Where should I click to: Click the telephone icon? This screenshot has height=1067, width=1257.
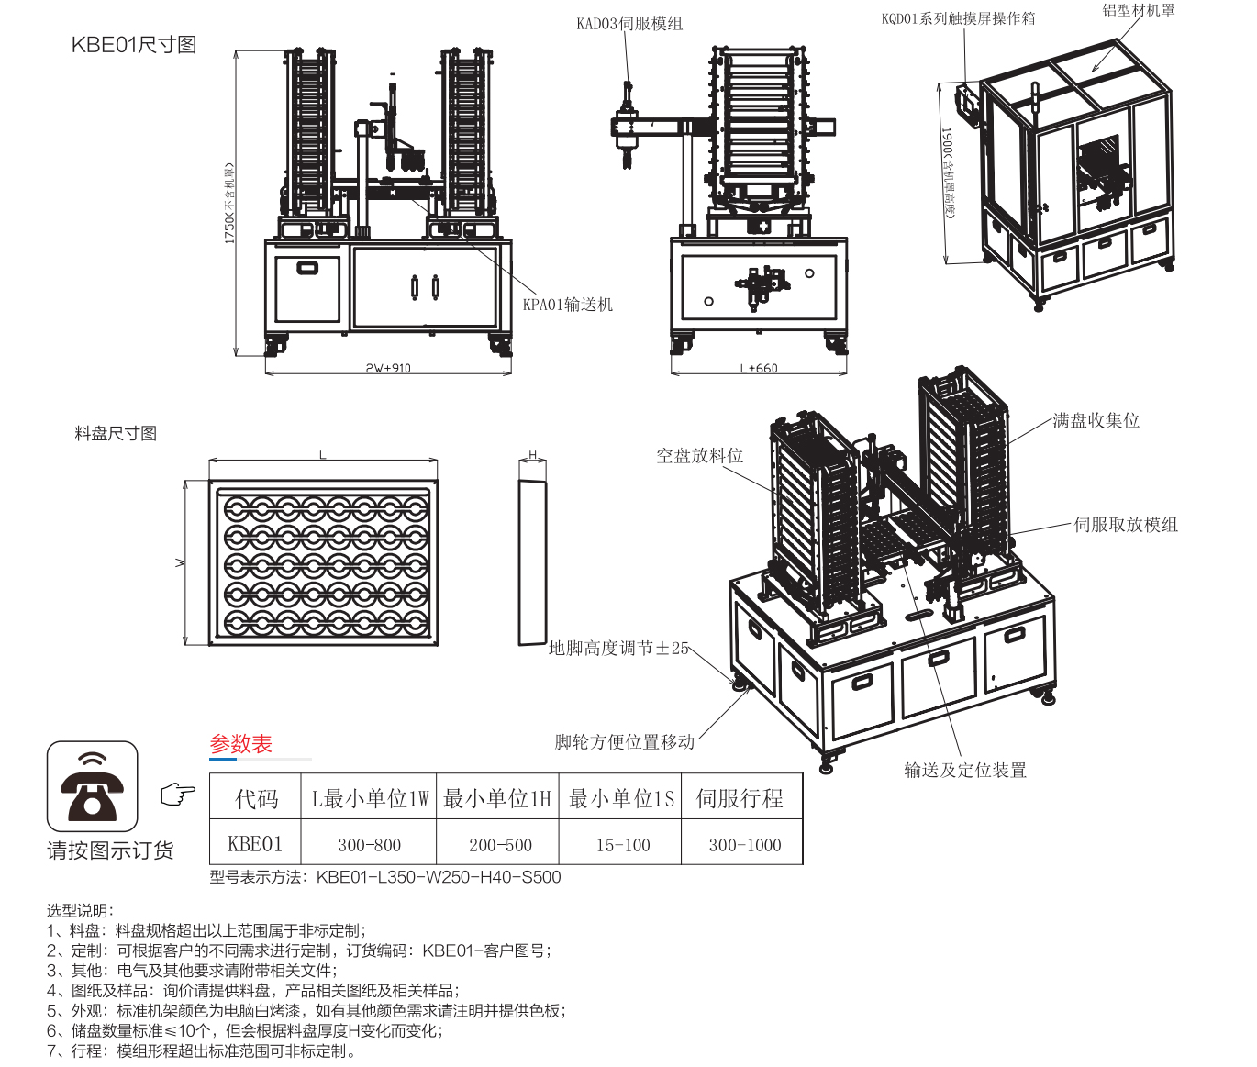coord(92,787)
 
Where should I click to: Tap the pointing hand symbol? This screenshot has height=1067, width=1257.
coord(178,795)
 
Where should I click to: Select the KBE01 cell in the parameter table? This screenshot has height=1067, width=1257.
coord(255,844)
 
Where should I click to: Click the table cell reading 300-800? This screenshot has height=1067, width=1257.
coord(369,845)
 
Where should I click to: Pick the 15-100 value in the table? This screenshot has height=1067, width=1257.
coord(623,845)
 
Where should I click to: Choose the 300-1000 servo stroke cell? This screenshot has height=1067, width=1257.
coord(744,845)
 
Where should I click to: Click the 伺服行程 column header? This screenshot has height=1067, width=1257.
coord(740,798)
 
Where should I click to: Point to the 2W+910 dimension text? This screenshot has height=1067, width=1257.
coord(388,368)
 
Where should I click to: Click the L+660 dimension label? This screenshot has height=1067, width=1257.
coord(759,368)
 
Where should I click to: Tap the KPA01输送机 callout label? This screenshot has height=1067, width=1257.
coord(567,305)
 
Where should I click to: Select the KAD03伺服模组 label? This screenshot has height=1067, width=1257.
coord(629,24)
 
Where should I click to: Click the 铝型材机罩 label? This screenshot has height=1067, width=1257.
coord(1138,11)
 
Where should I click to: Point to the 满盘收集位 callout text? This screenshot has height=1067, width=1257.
coord(1096,420)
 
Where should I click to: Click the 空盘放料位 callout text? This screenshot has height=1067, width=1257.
coord(699,455)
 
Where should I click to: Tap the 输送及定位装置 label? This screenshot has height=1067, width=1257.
coord(965,770)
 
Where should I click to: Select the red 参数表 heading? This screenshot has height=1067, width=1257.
coord(241,744)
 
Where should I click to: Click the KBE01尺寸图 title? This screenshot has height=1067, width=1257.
coord(134,45)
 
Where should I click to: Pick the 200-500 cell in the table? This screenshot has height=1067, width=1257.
coord(500,845)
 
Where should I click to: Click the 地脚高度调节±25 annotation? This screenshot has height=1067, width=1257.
coord(618,649)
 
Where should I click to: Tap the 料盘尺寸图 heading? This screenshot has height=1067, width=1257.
coord(116,433)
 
